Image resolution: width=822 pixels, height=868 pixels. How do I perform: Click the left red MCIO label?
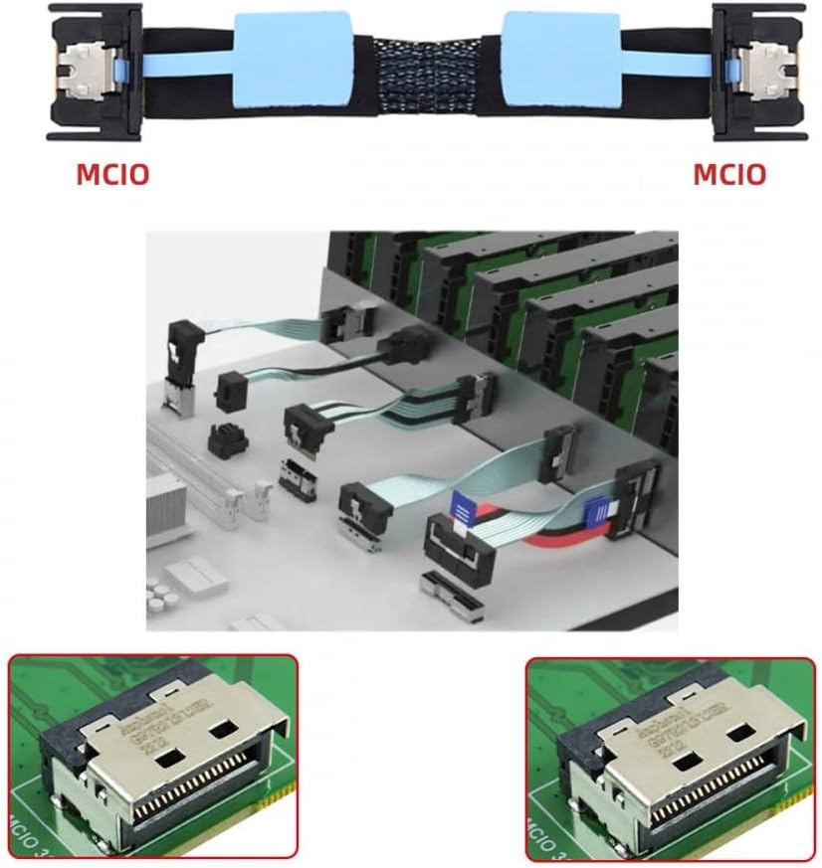point(112,174)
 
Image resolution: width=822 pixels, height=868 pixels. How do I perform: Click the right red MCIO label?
point(729,174)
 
